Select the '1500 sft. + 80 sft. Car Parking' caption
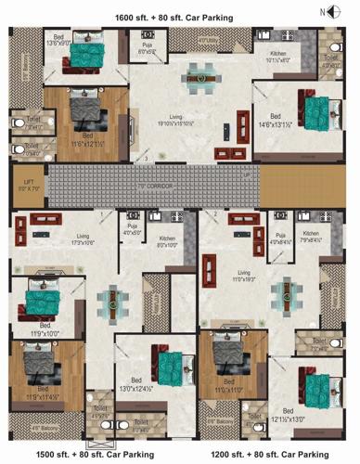(82, 455)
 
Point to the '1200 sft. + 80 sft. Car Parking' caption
(269, 455)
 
